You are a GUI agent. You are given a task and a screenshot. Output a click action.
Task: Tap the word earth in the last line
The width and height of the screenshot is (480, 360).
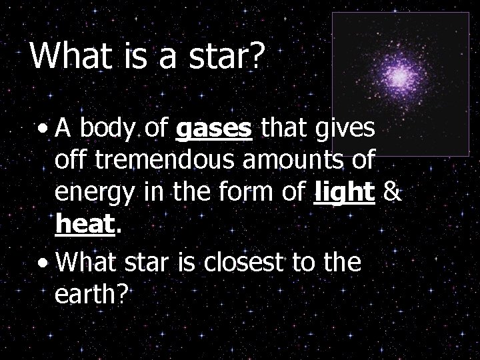pos(89,295)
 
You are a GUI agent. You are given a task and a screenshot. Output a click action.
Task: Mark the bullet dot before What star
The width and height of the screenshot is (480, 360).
pos(43,263)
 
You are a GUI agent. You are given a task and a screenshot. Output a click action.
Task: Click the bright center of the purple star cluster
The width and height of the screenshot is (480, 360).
pos(400,78)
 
